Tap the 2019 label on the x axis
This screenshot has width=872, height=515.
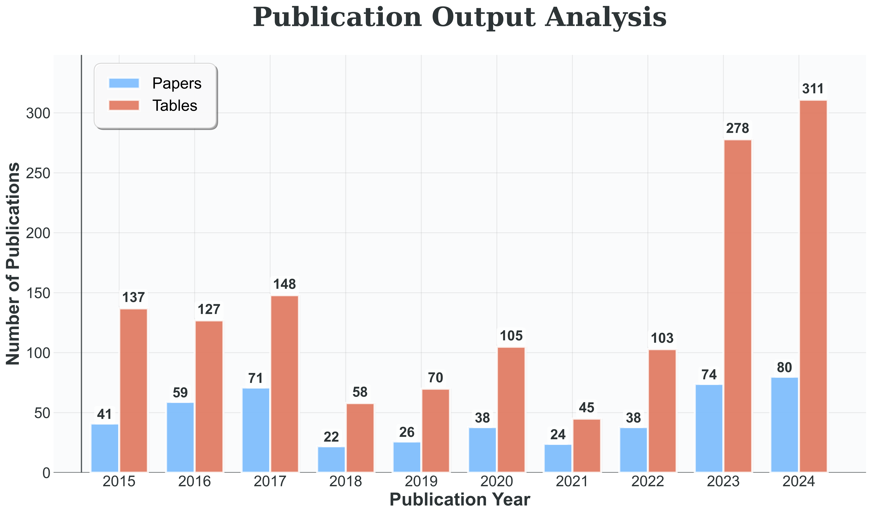point(421,482)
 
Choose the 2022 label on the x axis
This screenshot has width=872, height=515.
point(648,482)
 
